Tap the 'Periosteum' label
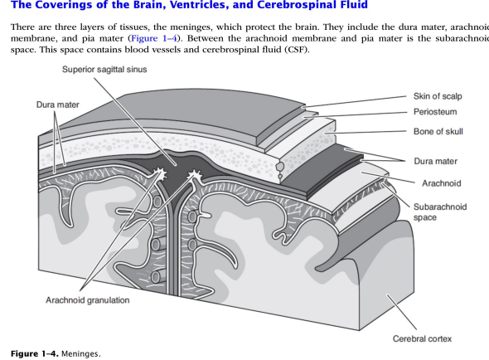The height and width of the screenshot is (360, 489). point(435,111)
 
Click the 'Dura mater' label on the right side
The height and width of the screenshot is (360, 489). point(434,161)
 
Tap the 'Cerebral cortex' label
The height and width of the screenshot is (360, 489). point(422,338)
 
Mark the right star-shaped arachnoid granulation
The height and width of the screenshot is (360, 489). point(196,175)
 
